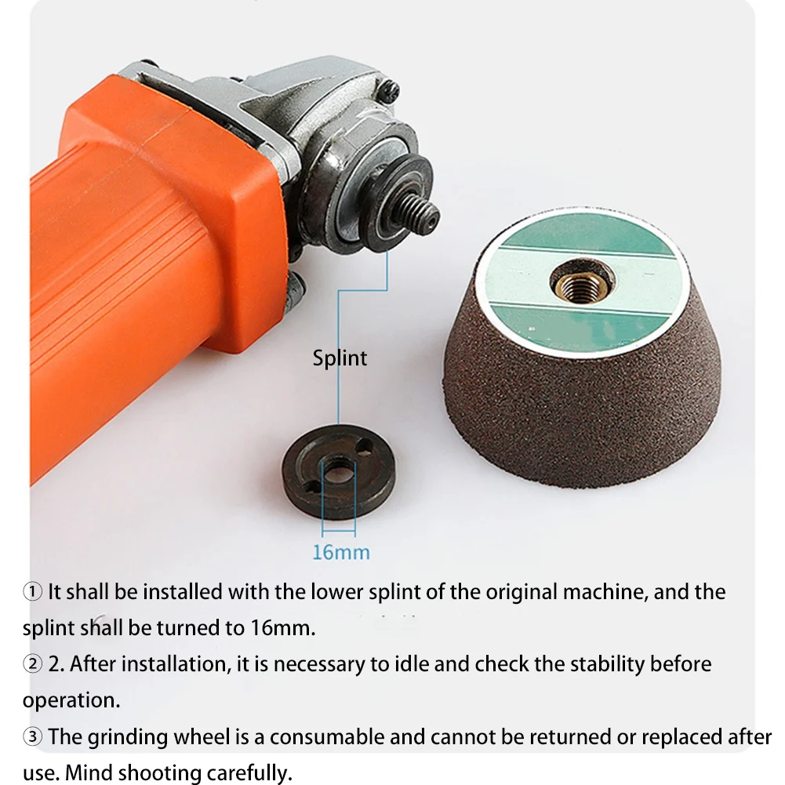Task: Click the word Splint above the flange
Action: tap(340, 358)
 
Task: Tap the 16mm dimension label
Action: tap(340, 551)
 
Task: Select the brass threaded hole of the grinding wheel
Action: tap(581, 279)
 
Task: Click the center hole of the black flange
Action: tap(338, 472)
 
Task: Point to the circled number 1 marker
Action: tap(33, 592)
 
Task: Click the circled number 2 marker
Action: tap(33, 664)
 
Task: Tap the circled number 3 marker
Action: tap(33, 737)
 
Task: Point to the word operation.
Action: tap(71, 700)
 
